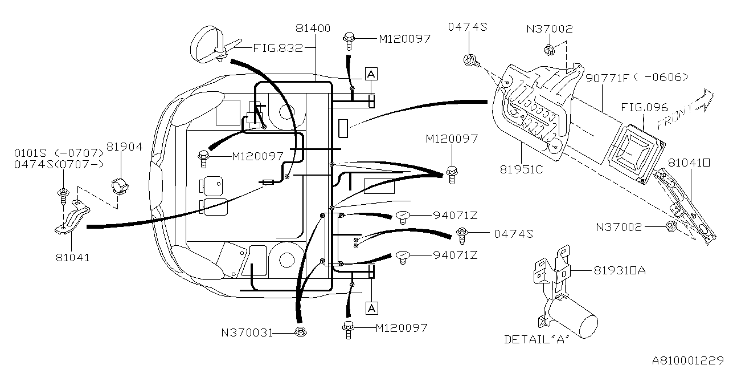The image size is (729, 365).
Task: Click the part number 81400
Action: point(313,29)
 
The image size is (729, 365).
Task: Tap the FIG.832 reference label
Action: point(278,48)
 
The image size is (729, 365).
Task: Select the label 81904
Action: point(124,147)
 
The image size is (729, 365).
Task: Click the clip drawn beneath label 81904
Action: point(120,186)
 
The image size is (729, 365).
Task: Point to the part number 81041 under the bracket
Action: point(72,257)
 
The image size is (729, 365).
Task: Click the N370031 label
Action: point(247,332)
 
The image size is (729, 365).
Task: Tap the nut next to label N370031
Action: point(300,332)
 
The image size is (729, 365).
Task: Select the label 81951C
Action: point(521,169)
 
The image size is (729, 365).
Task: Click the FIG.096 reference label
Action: point(644,107)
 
